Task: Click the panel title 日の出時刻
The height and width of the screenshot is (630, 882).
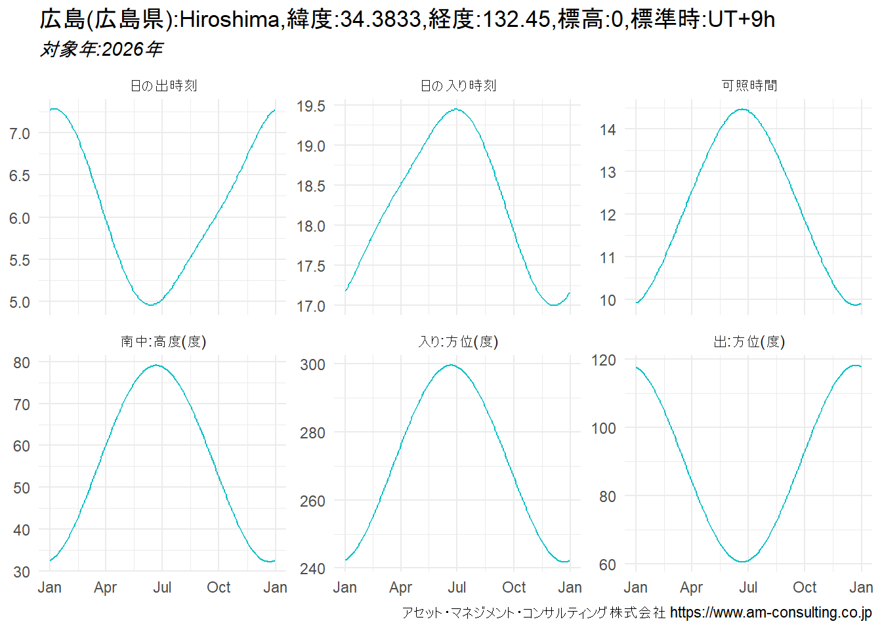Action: click(163, 86)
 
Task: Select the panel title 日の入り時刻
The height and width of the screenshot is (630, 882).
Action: click(458, 86)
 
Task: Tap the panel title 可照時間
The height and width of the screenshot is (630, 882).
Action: click(749, 86)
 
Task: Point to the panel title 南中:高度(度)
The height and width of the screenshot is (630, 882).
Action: click(163, 342)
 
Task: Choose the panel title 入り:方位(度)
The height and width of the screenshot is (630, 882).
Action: click(458, 342)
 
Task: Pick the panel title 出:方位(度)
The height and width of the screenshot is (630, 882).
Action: click(749, 342)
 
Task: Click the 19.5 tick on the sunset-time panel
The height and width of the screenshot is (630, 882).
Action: click(310, 106)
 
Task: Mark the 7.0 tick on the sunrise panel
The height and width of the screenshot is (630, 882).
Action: click(20, 134)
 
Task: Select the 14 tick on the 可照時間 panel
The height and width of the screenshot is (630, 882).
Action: click(608, 130)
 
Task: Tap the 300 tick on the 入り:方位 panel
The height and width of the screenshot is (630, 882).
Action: click(312, 365)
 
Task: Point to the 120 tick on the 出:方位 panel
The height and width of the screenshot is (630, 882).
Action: click(603, 360)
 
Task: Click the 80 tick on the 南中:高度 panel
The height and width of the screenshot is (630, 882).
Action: click(22, 363)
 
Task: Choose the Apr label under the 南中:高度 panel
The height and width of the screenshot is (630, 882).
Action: click(106, 587)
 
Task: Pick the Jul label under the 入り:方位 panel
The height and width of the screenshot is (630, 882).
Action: click(457, 587)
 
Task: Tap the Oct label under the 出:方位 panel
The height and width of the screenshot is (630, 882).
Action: click(805, 587)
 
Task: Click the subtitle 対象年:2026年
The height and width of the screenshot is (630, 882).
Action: click(101, 49)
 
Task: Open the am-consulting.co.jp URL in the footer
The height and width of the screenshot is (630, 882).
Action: click(770, 612)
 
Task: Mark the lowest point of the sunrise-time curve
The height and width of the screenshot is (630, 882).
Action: click(152, 304)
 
